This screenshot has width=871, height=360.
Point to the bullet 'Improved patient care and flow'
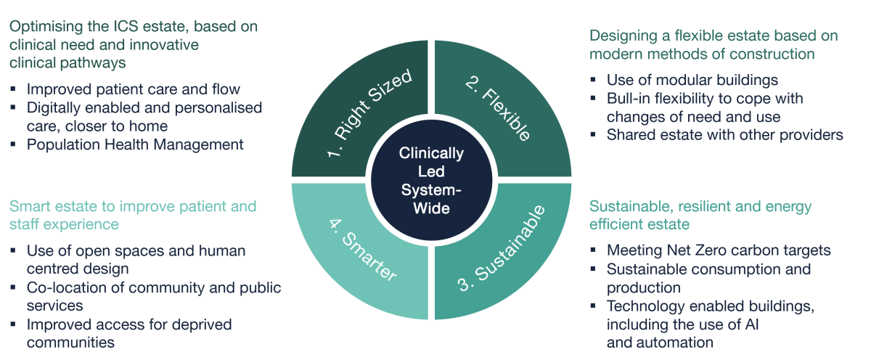click(x=133, y=89)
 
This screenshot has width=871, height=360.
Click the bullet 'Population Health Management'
click(x=134, y=144)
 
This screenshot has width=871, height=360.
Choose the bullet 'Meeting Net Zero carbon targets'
click(x=719, y=250)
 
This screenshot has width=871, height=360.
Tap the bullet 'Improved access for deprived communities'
click(x=129, y=333)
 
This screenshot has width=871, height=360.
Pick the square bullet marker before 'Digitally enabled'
click(x=15, y=108)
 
